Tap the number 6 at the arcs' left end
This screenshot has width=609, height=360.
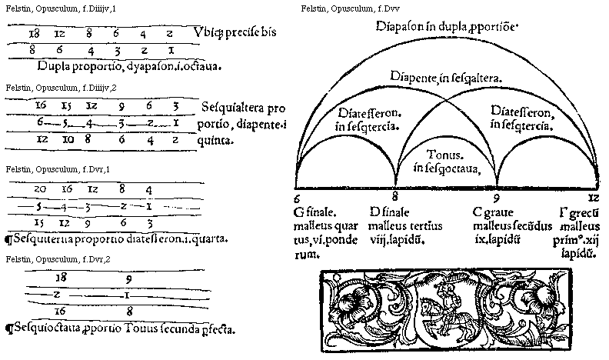click(296, 197)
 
